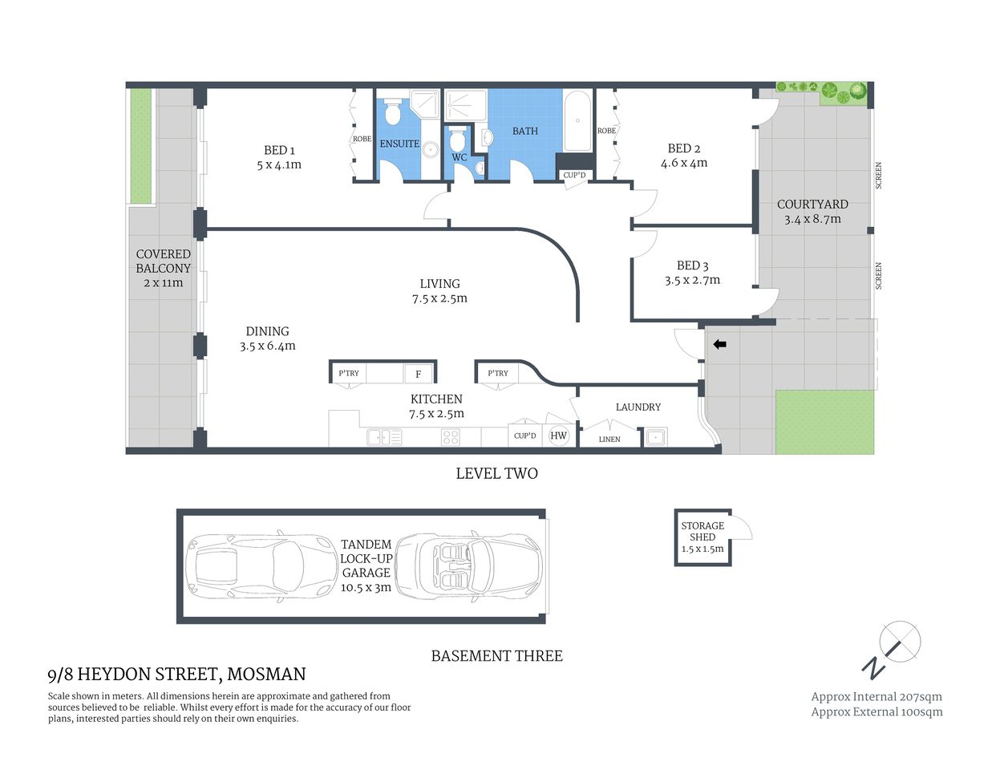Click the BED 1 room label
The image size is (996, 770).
point(279,150)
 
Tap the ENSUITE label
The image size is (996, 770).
point(399,144)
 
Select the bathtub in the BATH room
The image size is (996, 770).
point(577,122)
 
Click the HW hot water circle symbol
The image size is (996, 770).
point(558,436)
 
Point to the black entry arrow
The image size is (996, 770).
point(719,344)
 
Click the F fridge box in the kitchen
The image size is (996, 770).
point(418,374)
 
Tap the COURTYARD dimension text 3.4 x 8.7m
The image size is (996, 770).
point(812,219)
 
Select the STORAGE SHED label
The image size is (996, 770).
point(702,531)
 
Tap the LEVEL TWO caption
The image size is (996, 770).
point(496,473)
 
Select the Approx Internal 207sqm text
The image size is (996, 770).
point(877,696)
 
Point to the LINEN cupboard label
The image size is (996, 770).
point(609,439)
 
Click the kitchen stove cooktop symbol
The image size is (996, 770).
point(451,437)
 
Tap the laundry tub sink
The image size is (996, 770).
point(655,437)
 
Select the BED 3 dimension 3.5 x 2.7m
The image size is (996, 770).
point(692,280)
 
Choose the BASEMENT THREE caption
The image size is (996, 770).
point(496,655)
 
